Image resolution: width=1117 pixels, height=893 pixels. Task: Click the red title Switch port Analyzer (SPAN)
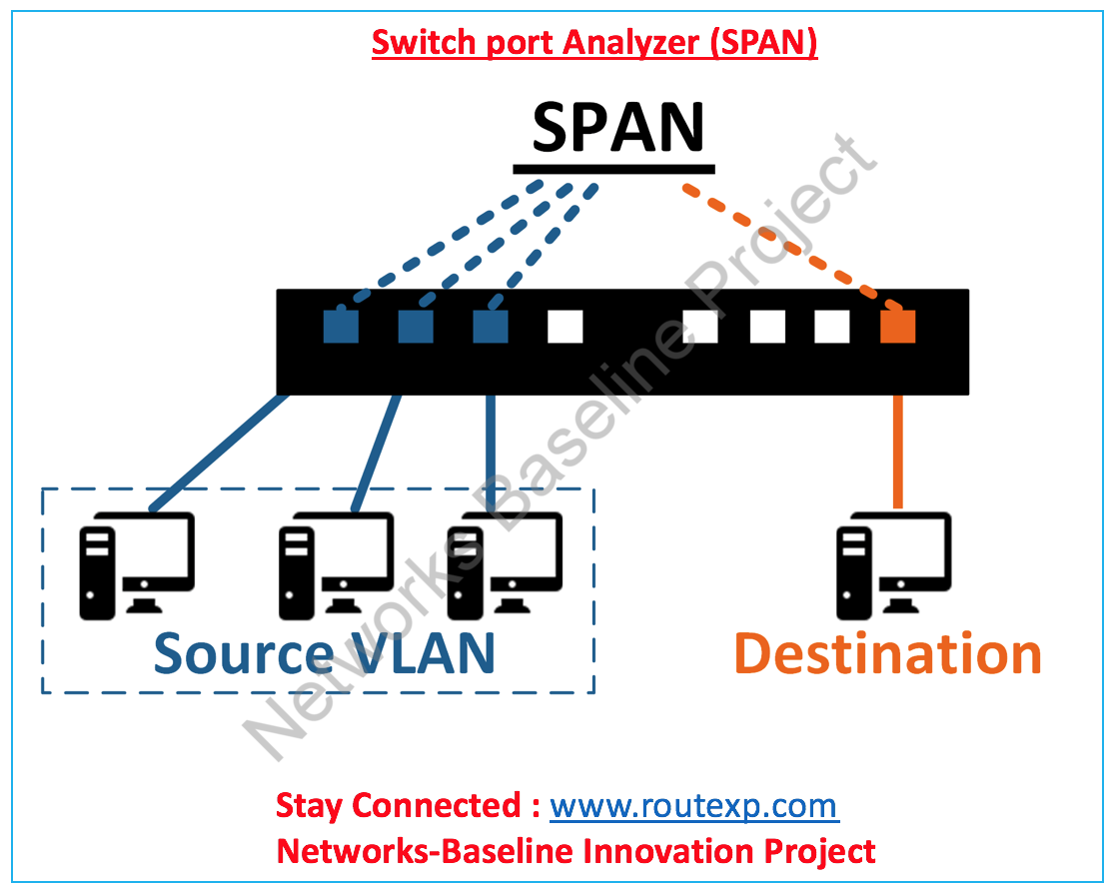pyautogui.click(x=594, y=43)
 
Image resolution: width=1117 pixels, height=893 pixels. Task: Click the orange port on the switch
pyautogui.click(x=897, y=326)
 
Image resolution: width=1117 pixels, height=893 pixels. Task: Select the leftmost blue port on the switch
pyautogui.click(x=341, y=326)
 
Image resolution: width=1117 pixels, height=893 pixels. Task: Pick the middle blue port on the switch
pyautogui.click(x=416, y=326)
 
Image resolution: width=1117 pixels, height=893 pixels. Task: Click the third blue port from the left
pyautogui.click(x=490, y=326)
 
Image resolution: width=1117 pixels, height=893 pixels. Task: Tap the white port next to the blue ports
pyautogui.click(x=564, y=326)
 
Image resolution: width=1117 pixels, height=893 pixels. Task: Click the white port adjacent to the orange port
pyautogui.click(x=831, y=326)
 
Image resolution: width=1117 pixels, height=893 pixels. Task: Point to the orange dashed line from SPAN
pyautogui.click(x=789, y=245)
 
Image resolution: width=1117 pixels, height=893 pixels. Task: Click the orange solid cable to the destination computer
pyautogui.click(x=897, y=449)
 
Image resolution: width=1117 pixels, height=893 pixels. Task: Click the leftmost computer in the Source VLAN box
pyautogui.click(x=136, y=564)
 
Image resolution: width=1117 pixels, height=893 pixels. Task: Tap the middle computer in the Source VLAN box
pyautogui.click(x=335, y=564)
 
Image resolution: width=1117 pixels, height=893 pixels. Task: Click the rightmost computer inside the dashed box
pyautogui.click(x=504, y=564)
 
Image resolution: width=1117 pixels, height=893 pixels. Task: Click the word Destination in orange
pyautogui.click(x=888, y=653)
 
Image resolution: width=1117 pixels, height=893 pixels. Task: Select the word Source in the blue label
pyautogui.click(x=243, y=653)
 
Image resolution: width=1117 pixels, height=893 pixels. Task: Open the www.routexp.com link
pyautogui.click(x=693, y=805)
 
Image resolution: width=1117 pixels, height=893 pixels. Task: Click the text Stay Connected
pyautogui.click(x=397, y=805)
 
